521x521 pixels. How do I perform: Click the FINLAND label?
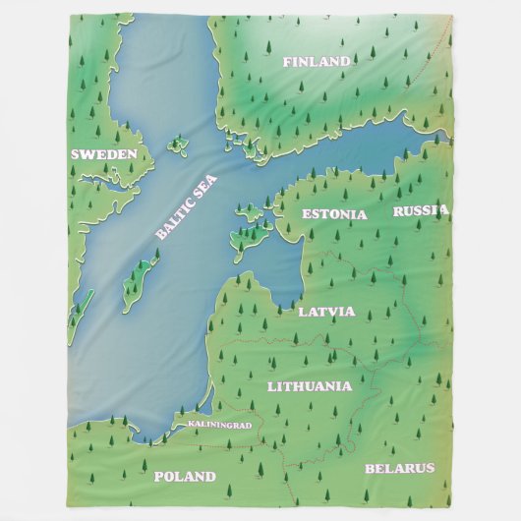coord(316,61)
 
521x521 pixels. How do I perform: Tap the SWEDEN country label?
coord(104,154)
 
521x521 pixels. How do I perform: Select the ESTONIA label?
coord(334,213)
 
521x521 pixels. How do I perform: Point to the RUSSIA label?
coord(421,209)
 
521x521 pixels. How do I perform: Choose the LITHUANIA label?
coord(309,386)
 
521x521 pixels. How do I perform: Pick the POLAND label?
coord(184,477)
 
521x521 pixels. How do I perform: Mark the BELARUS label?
coord(399,468)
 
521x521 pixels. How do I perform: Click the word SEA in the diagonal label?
coord(205,188)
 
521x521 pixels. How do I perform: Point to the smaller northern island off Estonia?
coord(249,209)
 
